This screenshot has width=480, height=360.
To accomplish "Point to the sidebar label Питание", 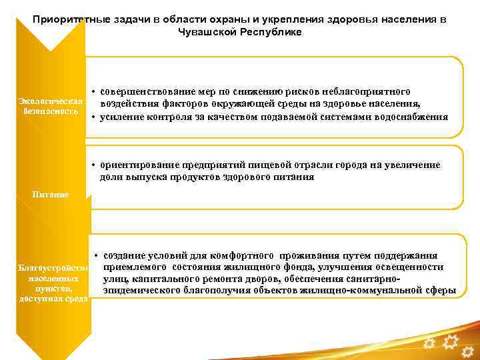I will pyautogui.click(x=50, y=195).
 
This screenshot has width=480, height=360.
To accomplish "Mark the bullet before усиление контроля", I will pyautogui.click(x=94, y=117).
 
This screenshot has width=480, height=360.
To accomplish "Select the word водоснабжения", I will pyautogui.click(x=415, y=117).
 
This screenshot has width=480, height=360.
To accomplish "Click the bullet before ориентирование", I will pyautogui.click(x=95, y=165).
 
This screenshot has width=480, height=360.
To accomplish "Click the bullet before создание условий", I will pyautogui.click(x=97, y=256).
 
